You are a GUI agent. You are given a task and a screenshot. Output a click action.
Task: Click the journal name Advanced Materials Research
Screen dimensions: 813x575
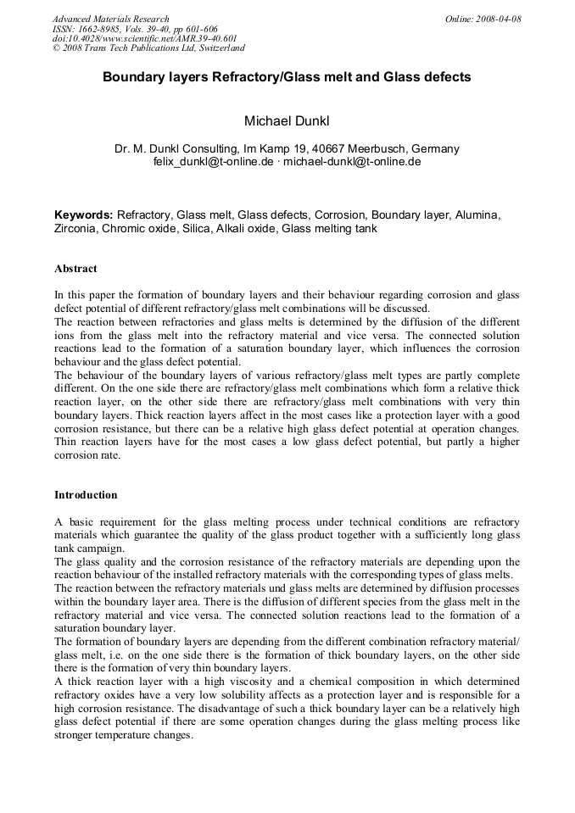(110, 19)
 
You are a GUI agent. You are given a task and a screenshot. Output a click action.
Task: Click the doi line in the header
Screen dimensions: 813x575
(144, 38)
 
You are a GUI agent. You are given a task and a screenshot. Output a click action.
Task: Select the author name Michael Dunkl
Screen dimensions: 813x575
(287, 122)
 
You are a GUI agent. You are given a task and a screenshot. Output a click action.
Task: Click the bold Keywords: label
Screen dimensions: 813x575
(83, 215)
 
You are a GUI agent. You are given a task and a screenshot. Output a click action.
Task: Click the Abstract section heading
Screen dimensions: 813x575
(75, 269)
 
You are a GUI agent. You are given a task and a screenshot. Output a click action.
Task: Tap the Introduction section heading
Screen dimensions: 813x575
(86, 495)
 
